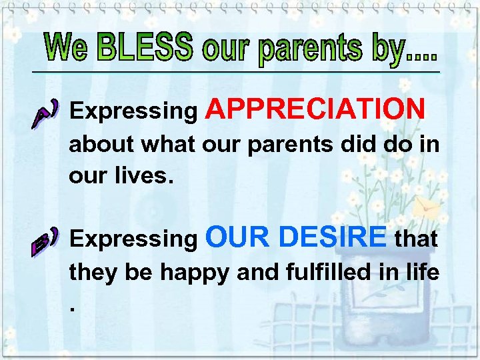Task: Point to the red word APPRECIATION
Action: pos(316,109)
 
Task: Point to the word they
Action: pos(90,273)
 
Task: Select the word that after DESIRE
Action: pos(416,238)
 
